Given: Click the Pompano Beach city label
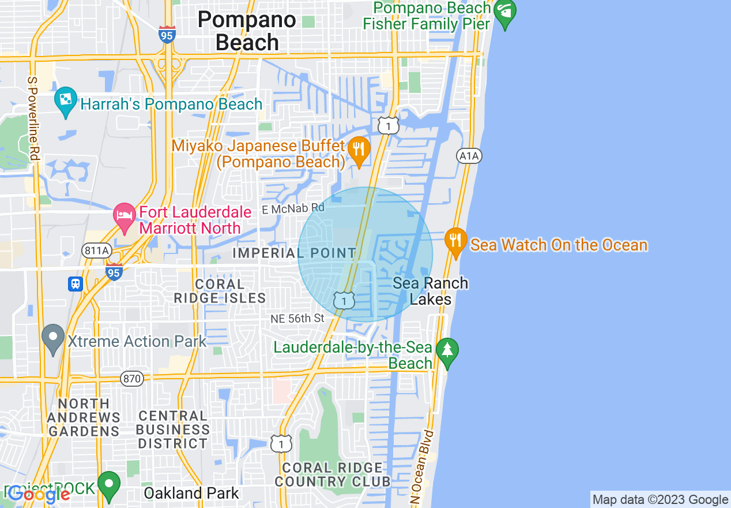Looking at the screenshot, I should [247, 31].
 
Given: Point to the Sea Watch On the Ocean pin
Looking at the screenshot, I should [455, 242].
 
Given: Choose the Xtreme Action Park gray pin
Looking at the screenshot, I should [54, 338].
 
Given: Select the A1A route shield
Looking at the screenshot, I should [469, 156].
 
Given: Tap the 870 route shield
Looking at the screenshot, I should [131, 379].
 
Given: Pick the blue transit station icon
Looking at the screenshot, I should [76, 283].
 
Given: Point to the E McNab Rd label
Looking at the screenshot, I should [293, 209].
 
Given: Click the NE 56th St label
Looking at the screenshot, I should [298, 319].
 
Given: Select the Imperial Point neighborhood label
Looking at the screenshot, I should [294, 253].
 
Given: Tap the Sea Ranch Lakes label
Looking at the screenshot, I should [430, 291].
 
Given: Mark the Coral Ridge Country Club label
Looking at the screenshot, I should [333, 475].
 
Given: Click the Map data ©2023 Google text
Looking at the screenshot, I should [660, 500].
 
